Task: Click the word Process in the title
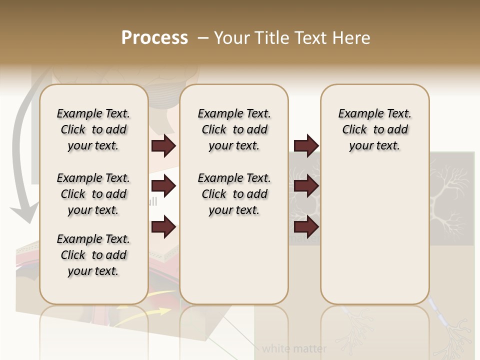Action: (154, 38)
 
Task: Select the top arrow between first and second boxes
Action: (163, 145)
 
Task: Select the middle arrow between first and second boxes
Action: (163, 186)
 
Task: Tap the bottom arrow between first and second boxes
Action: (163, 227)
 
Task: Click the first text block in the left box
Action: (93, 129)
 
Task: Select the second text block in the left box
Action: (93, 194)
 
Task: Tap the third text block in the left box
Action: (93, 255)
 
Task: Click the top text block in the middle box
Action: (234, 129)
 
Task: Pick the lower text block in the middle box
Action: (234, 194)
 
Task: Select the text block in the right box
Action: (374, 129)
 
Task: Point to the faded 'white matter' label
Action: (294, 348)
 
